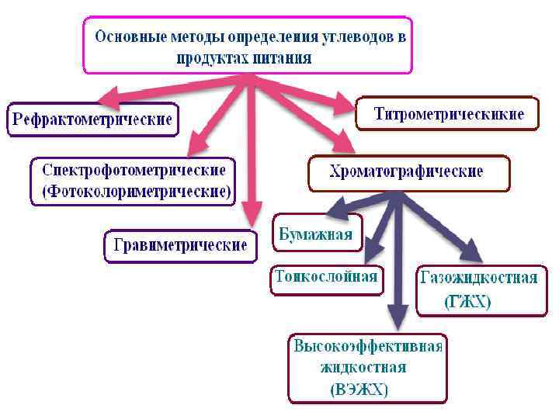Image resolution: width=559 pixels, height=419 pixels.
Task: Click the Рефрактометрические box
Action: [91, 120]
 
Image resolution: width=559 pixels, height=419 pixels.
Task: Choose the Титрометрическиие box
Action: [448, 115]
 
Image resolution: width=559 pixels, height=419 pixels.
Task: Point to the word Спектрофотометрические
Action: [134, 169]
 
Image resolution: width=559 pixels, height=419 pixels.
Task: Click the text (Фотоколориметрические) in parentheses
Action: [134, 191]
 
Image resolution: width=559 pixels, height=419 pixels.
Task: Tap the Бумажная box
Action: [316, 234]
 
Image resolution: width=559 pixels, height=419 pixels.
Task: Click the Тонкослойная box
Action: [327, 278]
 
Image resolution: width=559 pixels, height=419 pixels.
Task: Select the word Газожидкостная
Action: [478, 278]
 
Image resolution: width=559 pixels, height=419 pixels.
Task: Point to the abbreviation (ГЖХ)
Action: [467, 302]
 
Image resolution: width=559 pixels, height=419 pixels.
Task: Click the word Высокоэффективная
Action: [368, 346]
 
